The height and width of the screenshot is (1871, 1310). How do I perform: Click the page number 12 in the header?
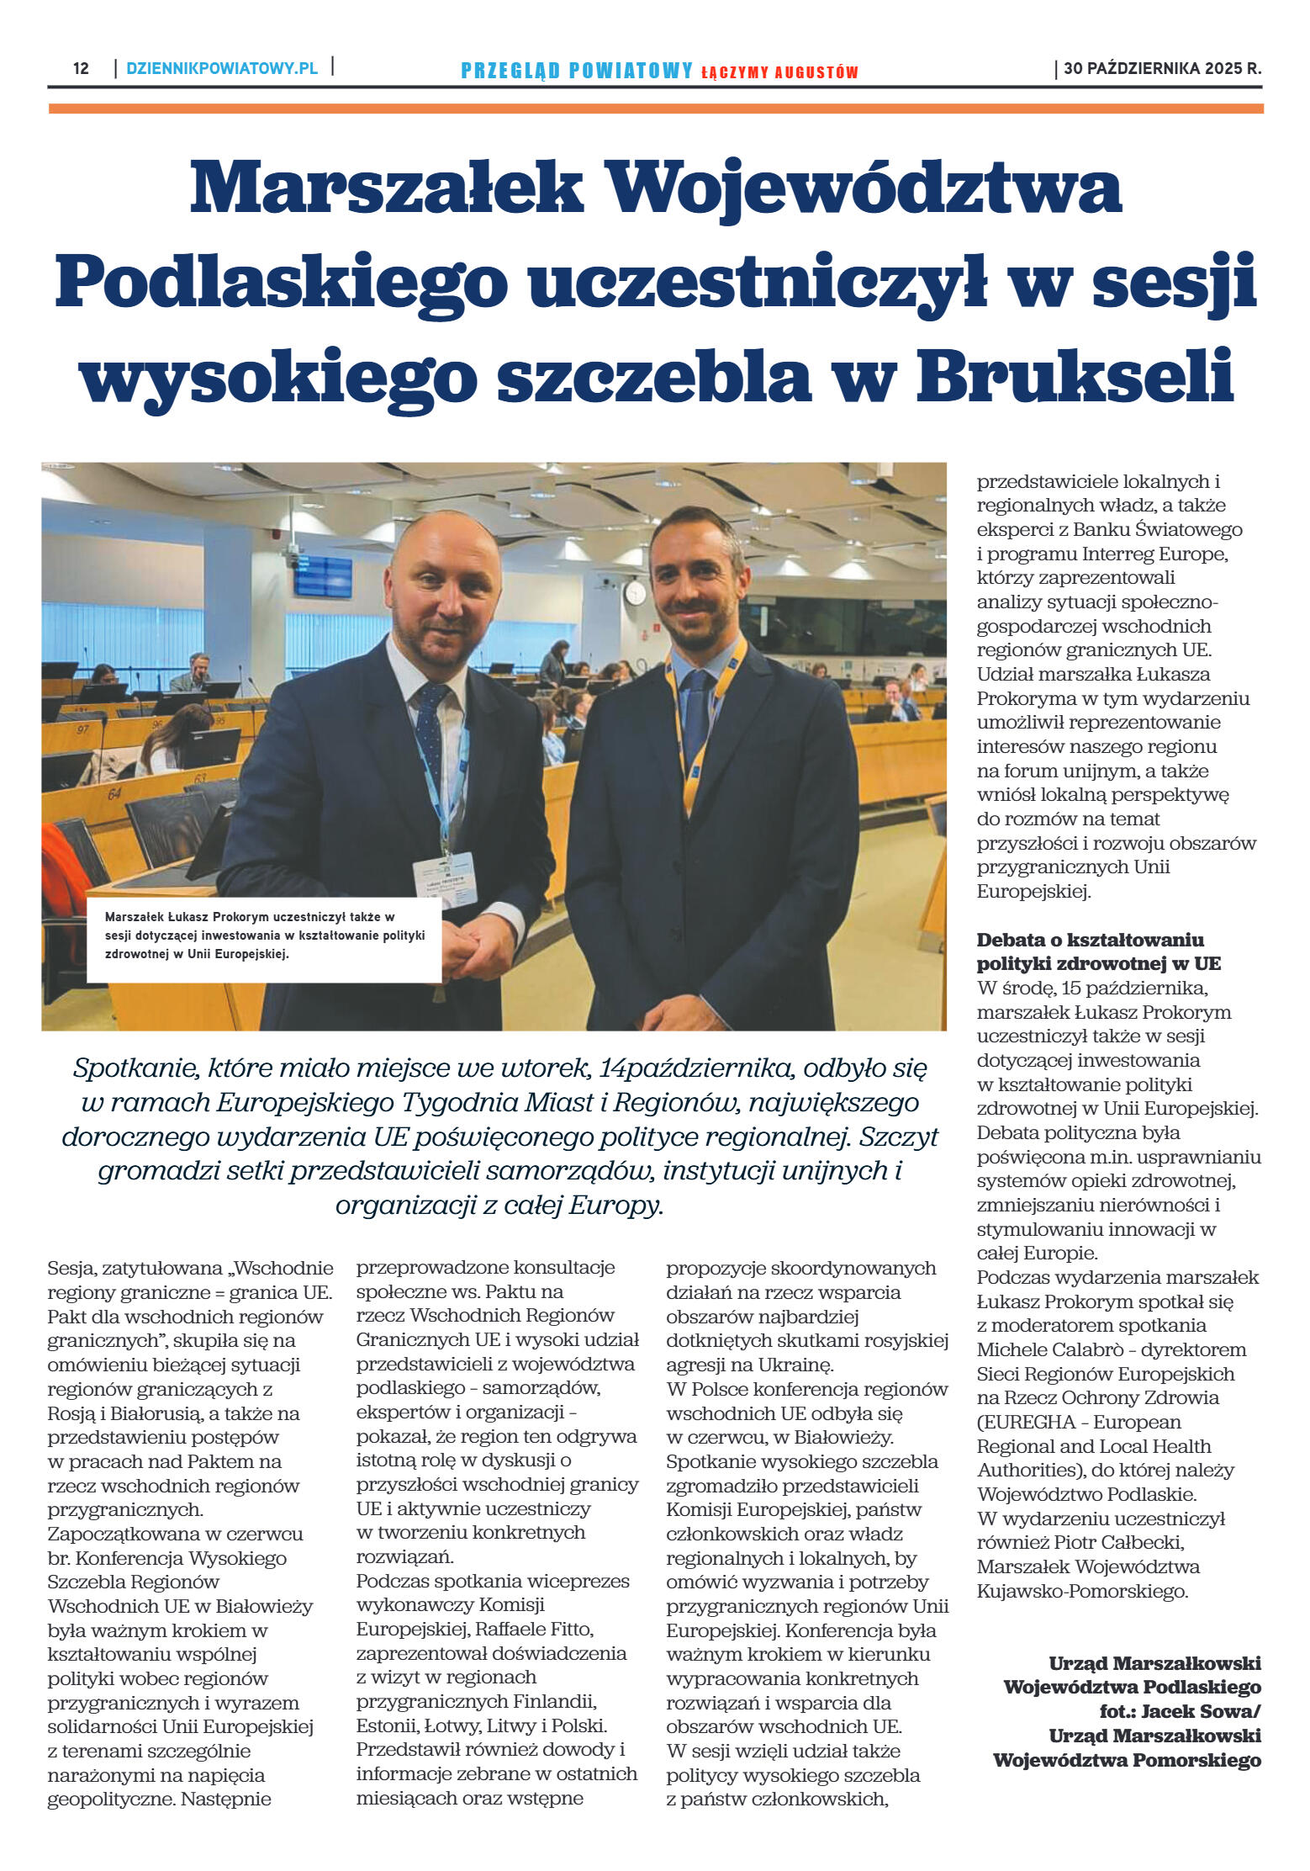(81, 69)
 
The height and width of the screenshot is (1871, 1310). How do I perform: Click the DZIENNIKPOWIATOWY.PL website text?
(222, 69)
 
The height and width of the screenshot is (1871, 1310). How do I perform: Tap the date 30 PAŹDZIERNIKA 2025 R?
(1162, 69)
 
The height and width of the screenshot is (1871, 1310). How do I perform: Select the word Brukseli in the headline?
(1075, 375)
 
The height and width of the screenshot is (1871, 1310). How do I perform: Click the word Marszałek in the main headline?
(386, 187)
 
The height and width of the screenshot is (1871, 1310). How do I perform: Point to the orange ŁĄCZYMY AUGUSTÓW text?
(779, 73)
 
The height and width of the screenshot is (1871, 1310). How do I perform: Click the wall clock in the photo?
(635, 592)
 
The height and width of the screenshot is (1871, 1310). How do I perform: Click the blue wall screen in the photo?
(323, 575)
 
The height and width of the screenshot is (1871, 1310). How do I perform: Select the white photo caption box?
(264, 939)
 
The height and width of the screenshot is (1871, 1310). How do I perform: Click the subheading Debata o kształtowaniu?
(1090, 940)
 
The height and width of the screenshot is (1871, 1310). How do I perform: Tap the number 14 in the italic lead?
(610, 1068)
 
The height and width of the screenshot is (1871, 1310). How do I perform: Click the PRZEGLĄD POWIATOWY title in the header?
(577, 72)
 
